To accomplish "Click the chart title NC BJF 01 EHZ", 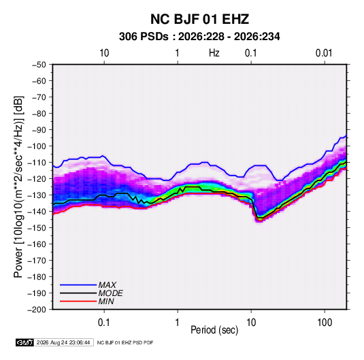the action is coord(199,19).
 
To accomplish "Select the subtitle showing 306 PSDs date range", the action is coord(199,37).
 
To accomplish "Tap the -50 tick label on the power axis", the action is coord(39,65).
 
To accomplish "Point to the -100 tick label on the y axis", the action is coord(37,146).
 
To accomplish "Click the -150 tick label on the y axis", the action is coord(37,227).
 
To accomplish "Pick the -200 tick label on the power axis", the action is coord(37,310).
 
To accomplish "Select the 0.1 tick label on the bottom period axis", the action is coord(104,322).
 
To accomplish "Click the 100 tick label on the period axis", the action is coord(325,322).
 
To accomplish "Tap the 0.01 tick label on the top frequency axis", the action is coord(324,53).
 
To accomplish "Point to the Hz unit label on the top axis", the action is coord(214,53).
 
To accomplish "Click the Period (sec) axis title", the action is coord(214,330).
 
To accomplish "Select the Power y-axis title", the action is coord(18,187).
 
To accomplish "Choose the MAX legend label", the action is coord(107,284).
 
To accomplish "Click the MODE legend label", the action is coord(110,293).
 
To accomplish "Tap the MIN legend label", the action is coord(106,301).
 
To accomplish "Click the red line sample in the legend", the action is coord(78,301).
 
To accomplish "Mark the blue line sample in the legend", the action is coord(78,285).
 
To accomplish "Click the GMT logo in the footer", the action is coord(25,342).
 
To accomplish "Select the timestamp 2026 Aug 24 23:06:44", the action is coord(63,342).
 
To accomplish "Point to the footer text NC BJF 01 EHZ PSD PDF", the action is coord(125,342).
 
